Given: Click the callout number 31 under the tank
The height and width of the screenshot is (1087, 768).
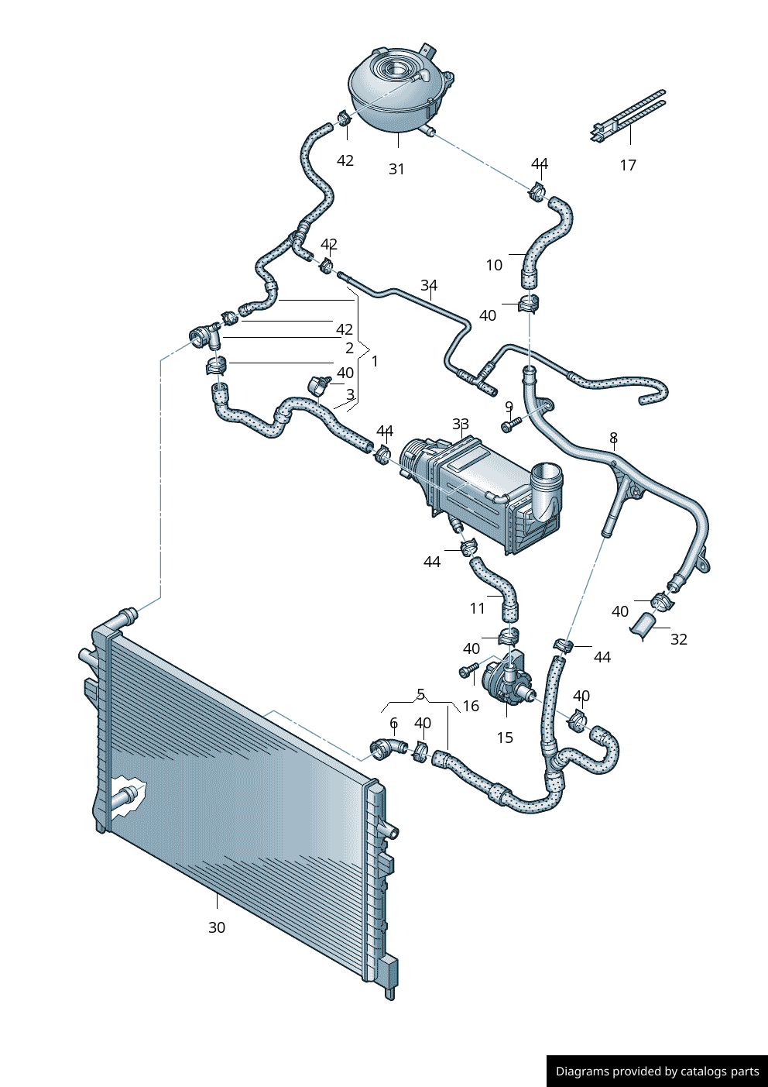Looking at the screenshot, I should [x=396, y=169].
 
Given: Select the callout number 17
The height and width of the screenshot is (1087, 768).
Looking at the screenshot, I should [x=628, y=165].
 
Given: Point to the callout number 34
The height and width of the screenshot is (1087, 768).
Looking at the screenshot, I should [x=429, y=285].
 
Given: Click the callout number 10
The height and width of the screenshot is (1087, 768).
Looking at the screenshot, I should [x=494, y=265].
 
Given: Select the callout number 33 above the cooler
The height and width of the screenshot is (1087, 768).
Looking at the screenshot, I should [x=461, y=424].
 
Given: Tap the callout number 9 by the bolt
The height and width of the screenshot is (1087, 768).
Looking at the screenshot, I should [x=509, y=407].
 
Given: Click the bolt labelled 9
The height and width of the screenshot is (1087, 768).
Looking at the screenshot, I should [x=509, y=425].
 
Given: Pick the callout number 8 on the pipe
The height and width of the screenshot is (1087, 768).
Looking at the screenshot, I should [x=613, y=438].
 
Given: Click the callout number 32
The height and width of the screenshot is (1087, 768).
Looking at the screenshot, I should [x=678, y=639].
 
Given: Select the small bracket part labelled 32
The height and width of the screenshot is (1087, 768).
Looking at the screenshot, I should [x=646, y=625].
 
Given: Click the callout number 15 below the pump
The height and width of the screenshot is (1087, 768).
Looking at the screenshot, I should [x=505, y=738].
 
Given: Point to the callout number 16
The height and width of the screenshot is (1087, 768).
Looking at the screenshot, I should [x=471, y=706].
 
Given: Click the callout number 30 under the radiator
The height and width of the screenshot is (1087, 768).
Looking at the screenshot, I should [x=217, y=927].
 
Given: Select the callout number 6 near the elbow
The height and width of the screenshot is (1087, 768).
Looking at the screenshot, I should [x=393, y=723].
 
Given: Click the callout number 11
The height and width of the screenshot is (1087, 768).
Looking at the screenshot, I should [x=478, y=608].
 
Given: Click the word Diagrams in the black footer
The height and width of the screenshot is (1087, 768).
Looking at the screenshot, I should [x=581, y=1072].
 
